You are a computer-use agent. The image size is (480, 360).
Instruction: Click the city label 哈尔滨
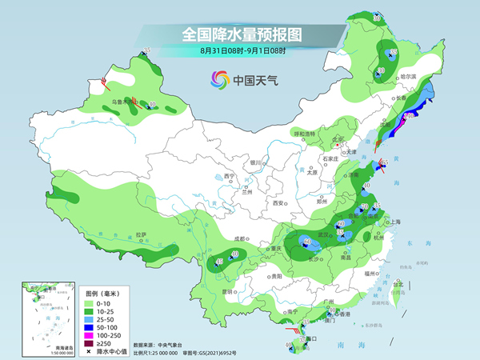409,76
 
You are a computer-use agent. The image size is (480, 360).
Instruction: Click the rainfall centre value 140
408,117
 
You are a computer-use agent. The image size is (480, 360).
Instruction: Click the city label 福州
369,273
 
